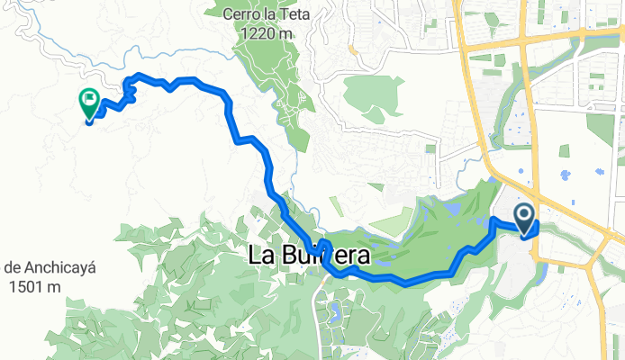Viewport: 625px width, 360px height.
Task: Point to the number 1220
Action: (259, 33)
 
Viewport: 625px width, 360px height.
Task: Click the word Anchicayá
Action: (37, 267)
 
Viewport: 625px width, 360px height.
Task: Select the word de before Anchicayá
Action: (13, 267)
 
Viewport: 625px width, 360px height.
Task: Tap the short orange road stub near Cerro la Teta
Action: (355, 49)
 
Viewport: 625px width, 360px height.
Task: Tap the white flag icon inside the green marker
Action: (89, 99)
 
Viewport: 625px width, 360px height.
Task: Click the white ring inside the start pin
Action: (524, 212)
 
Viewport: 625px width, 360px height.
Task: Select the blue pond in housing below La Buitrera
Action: (335, 312)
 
